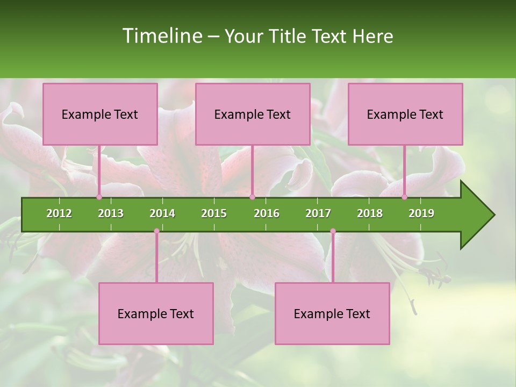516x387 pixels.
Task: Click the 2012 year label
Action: [x=59, y=213]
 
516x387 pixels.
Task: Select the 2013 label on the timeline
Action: [x=111, y=213]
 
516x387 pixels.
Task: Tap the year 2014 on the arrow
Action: [x=162, y=213]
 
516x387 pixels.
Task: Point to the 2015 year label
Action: [x=214, y=213]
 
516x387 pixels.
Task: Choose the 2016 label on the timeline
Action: [x=267, y=213]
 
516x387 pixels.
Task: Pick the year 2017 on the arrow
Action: [x=318, y=213]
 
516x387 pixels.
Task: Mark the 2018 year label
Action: [x=370, y=213]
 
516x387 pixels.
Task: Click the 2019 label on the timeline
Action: [x=421, y=213]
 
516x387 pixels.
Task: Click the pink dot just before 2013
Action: [x=99, y=197]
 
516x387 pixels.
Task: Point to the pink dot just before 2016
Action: [x=252, y=197]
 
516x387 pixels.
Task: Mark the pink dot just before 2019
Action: [x=404, y=197]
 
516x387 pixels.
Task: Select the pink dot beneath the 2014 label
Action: [x=156, y=231]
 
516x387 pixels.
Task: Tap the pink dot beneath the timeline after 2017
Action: [x=333, y=231]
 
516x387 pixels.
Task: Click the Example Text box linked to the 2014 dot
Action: [x=156, y=314]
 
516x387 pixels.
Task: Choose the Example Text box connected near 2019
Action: [x=405, y=114]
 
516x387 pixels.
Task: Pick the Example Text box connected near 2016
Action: [x=253, y=114]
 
